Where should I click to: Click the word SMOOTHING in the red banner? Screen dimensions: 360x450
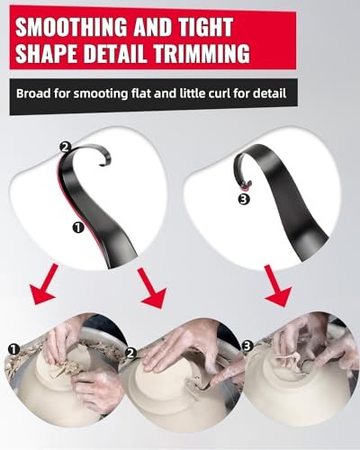(x=72, y=27)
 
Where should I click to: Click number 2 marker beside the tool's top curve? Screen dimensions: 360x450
(x=65, y=148)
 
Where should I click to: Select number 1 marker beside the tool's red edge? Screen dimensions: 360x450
(x=78, y=228)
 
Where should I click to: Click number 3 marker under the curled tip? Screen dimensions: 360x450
(x=244, y=200)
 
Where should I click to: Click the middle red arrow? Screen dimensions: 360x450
(x=152, y=288)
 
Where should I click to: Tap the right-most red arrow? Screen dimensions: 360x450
(x=278, y=286)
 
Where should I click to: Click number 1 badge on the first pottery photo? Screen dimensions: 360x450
(x=13, y=349)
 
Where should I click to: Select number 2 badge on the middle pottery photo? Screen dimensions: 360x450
(x=130, y=354)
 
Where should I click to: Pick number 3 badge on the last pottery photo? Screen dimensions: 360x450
(x=247, y=346)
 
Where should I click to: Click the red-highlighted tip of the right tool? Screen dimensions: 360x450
(x=247, y=187)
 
